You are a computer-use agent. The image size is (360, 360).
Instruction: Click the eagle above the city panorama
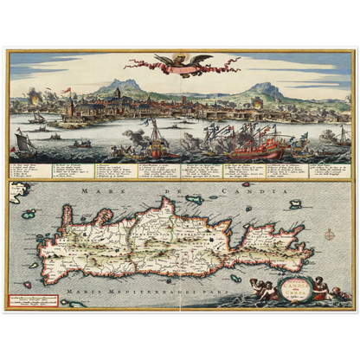point(180,62)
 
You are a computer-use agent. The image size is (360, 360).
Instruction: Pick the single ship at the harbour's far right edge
point(344,136)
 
